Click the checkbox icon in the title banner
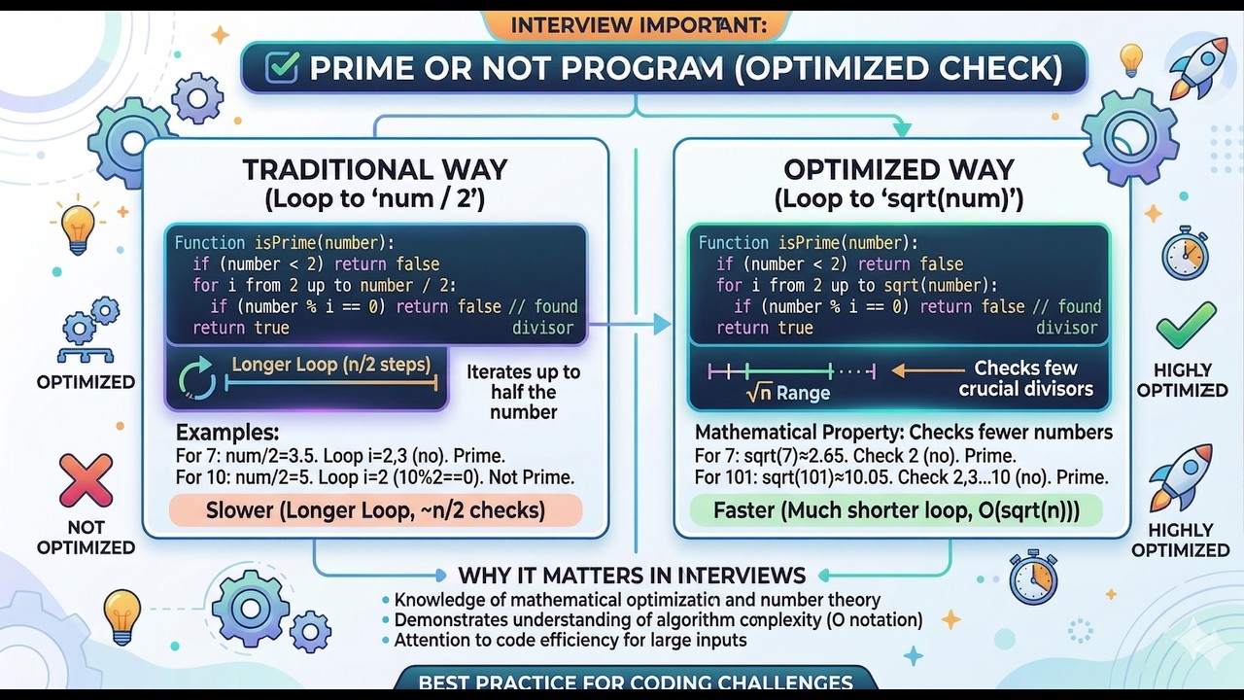click(x=282, y=68)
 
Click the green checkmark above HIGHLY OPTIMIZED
click(x=1185, y=326)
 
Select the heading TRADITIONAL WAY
click(x=375, y=169)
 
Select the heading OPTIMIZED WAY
click(x=898, y=169)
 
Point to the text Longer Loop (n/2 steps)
click(x=331, y=366)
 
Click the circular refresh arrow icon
click(x=198, y=379)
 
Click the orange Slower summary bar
click(x=375, y=510)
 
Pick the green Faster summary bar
click(x=895, y=510)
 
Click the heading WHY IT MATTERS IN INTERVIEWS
click(x=632, y=575)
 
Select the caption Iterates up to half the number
click(x=523, y=392)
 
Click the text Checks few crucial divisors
click(x=1025, y=379)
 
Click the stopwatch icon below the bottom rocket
click(x=1032, y=577)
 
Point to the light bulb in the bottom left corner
click(x=123, y=614)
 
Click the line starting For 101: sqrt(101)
click(x=901, y=477)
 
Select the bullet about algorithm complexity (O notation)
click(x=658, y=620)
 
